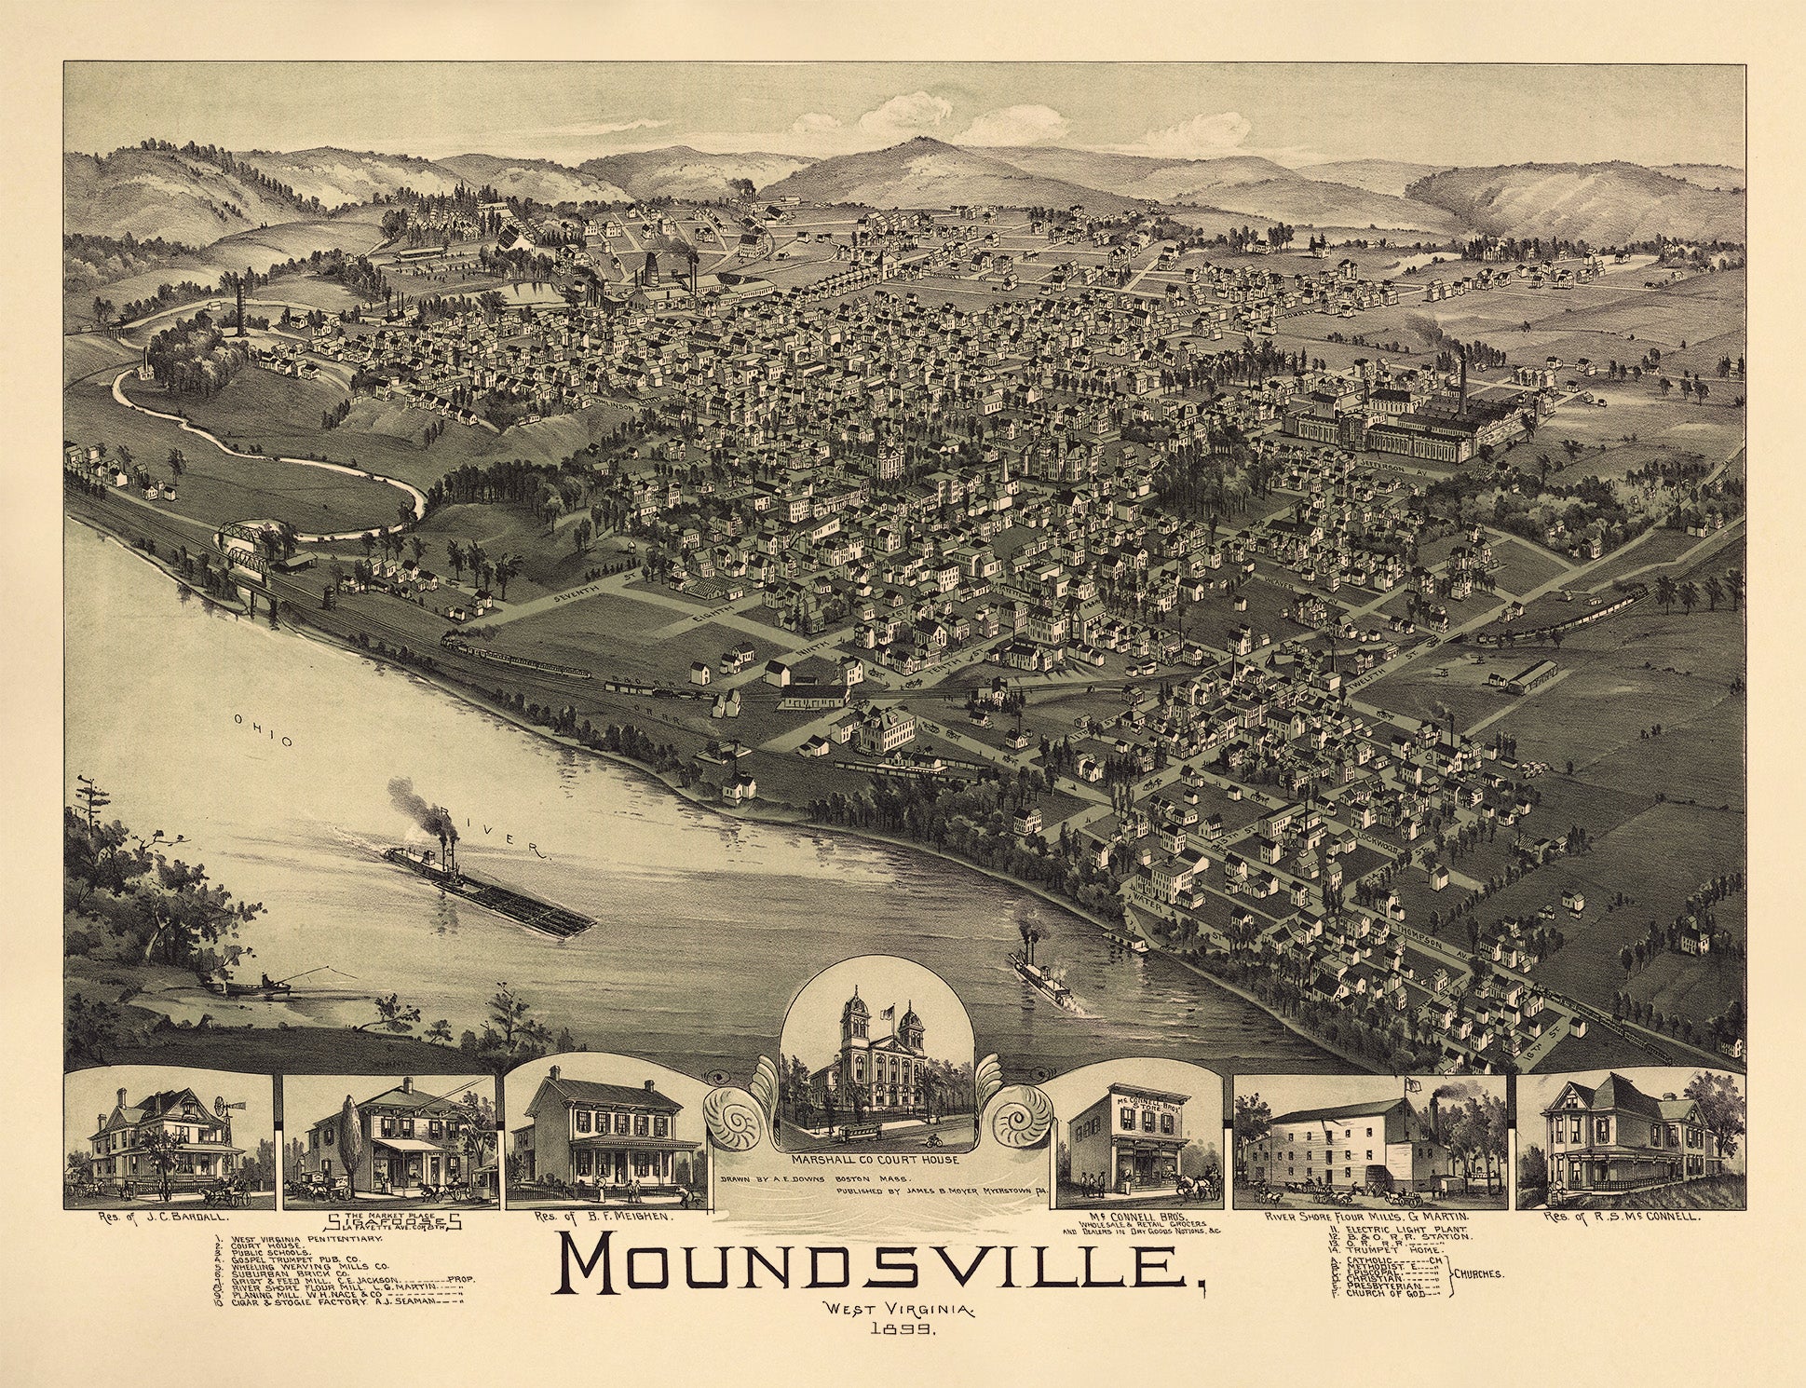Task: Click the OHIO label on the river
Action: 265,736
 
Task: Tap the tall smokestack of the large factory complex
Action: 1462,387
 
